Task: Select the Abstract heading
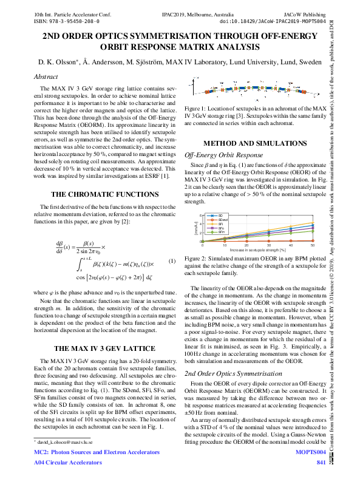tap(46, 76)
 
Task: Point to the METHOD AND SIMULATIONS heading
tap(258, 143)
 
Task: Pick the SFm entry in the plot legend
tap(222, 232)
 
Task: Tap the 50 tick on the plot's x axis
tap(312, 245)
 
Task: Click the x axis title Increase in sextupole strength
tap(259, 250)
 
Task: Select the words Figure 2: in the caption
tap(198, 258)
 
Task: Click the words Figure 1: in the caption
tap(198, 107)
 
